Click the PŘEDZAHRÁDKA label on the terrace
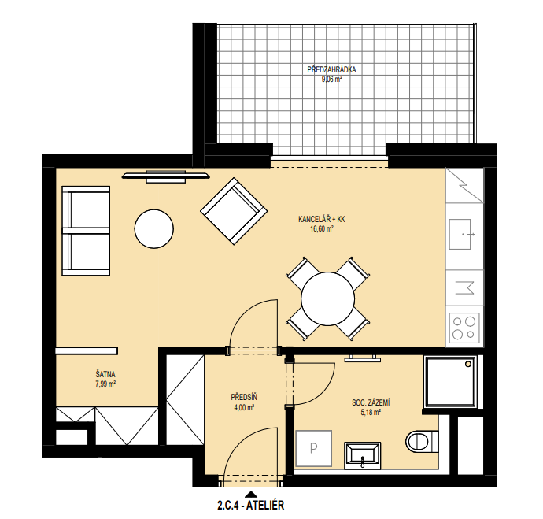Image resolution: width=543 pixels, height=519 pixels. point(331,69)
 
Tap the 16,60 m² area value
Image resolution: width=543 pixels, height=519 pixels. point(322,228)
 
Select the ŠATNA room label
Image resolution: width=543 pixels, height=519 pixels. point(105,374)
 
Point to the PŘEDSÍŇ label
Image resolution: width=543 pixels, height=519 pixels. point(244,397)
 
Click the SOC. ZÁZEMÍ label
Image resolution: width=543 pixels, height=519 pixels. point(371,402)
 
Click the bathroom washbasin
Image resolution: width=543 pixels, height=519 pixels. point(363,455)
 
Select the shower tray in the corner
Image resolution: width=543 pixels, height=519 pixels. point(450,381)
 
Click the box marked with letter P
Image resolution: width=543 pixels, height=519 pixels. point(314,448)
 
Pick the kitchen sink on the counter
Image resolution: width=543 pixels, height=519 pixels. point(460,234)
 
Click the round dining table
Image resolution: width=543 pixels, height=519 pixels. point(327,298)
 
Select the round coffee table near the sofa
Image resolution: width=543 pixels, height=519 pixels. point(153,228)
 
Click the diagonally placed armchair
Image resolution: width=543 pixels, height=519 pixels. point(234,211)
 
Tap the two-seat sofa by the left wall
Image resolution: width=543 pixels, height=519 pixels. point(86,231)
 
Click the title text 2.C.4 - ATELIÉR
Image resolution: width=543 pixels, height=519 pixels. point(251,505)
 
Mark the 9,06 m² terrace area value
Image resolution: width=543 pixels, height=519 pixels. point(331,79)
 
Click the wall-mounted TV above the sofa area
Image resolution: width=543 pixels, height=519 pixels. point(165,176)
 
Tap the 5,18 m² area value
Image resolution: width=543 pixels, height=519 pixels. point(371,413)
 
